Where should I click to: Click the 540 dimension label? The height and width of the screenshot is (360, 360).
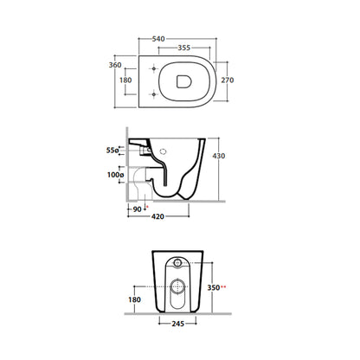[158, 39]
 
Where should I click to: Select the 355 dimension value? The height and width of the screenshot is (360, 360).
[184, 48]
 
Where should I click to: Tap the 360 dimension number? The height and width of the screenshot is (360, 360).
[115, 65]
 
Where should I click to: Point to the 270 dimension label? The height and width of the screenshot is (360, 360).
[228, 80]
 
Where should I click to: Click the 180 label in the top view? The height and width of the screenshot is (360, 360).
[125, 80]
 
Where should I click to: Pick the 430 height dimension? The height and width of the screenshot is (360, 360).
[219, 156]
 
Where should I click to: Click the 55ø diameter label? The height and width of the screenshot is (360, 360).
[112, 151]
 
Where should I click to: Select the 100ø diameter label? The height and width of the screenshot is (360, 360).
[115, 175]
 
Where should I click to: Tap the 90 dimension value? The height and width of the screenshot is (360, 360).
[138, 209]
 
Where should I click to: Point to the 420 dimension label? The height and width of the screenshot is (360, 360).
[157, 216]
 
